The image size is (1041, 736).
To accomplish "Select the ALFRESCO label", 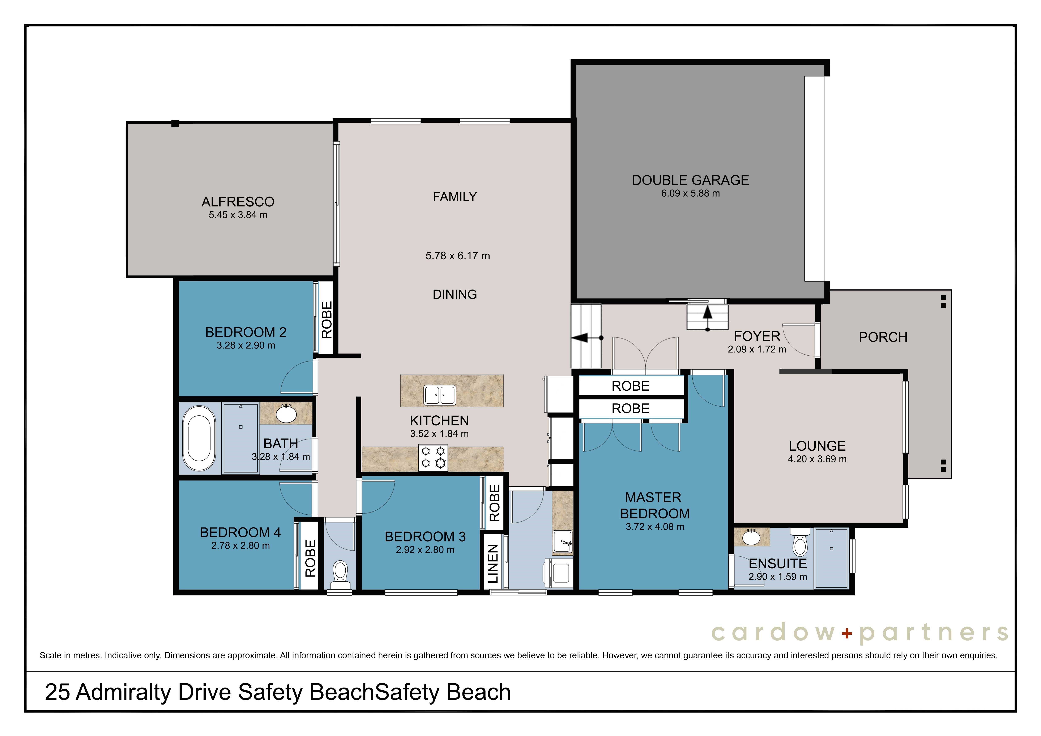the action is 238,202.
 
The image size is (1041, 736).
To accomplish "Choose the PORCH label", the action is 883,337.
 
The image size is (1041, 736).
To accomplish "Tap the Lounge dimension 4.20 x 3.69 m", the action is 817,459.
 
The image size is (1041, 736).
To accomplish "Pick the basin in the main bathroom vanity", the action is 286,414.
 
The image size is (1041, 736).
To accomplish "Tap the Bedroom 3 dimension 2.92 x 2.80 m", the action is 425,550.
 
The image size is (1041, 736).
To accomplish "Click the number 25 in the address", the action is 57,692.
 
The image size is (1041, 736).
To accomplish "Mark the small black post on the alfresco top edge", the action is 175,123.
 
